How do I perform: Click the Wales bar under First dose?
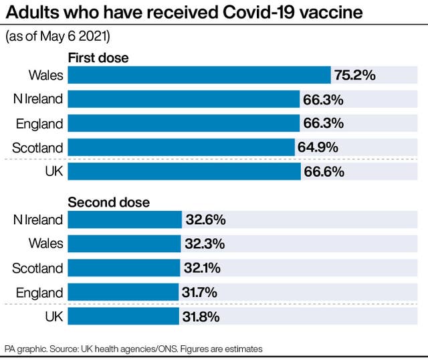[199, 75]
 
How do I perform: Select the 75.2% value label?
[354, 75]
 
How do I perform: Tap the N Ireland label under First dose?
[38, 99]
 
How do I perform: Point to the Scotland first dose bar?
[181, 147]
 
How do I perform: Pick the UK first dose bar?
[184, 171]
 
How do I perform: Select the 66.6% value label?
[324, 171]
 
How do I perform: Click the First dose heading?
[98, 58]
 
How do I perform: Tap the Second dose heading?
[109, 202]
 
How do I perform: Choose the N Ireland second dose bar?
[124, 219]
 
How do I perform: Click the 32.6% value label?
[205, 219]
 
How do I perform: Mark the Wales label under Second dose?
[46, 244]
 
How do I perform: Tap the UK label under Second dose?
[53, 316]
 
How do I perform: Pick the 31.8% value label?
[200, 316]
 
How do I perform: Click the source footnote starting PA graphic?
[134, 349]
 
